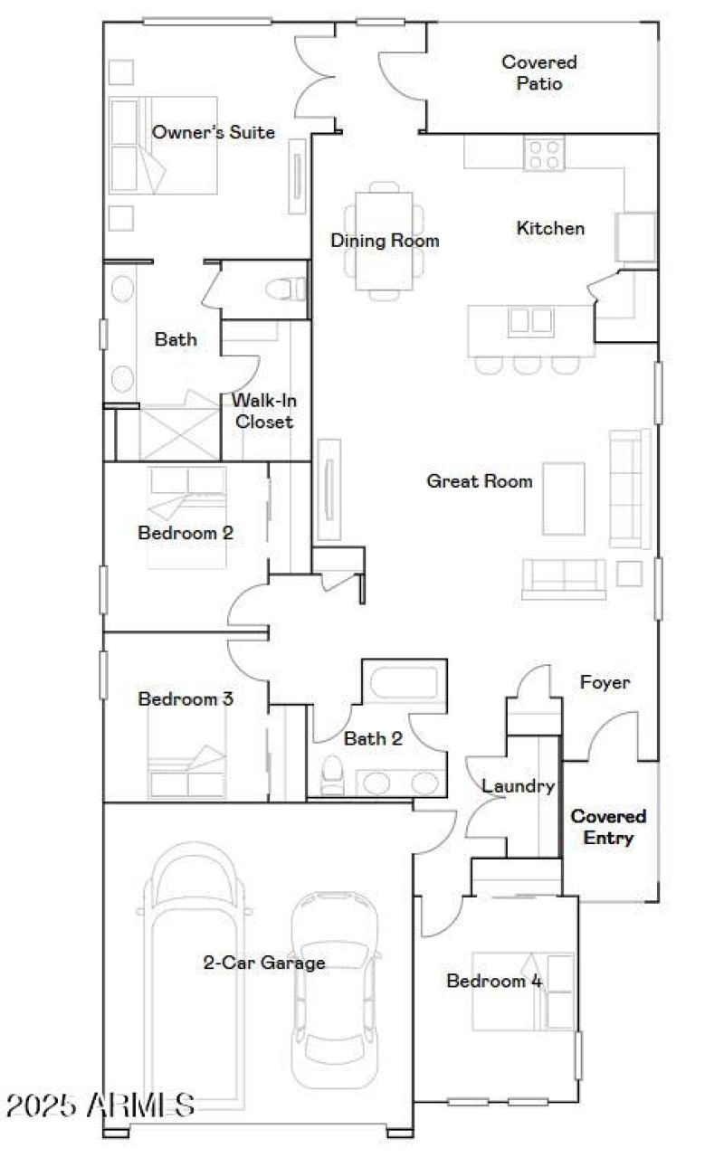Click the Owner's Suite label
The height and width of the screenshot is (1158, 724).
coord(213,132)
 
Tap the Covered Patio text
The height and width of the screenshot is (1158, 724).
coord(538,73)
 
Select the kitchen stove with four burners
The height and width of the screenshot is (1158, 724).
coord(544,153)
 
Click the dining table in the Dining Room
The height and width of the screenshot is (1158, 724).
coord(384,241)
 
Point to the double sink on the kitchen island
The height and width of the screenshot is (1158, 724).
coord(530,321)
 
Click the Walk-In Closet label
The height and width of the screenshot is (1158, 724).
coord(264,411)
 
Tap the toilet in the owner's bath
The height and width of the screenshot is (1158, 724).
coord(287,289)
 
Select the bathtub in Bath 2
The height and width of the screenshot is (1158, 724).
coord(404,681)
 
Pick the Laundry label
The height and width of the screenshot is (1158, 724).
coord(517,786)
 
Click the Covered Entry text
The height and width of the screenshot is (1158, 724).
coord(608,827)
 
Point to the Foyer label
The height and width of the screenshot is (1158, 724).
coord(605,682)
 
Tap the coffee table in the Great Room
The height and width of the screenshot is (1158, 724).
coord(563,498)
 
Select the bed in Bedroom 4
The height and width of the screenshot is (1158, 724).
coord(523,991)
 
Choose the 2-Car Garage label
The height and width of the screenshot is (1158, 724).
coord(263,963)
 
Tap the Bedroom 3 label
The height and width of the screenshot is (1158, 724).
coord(186,698)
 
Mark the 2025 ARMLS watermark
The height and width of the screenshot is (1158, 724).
coord(100,1104)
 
